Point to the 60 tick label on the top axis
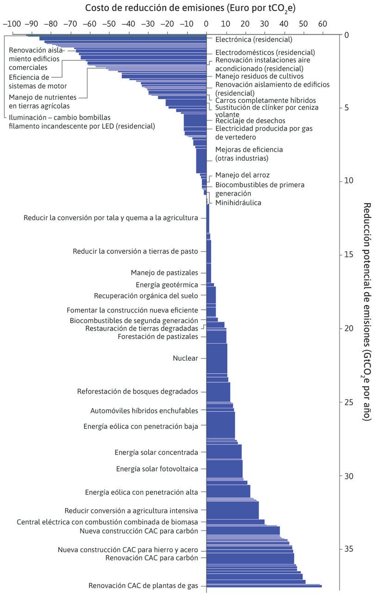(x=322, y=24)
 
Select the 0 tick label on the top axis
(x=206, y=24)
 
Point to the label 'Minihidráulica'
(x=238, y=203)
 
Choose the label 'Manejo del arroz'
(x=243, y=175)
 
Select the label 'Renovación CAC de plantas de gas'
(x=143, y=586)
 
